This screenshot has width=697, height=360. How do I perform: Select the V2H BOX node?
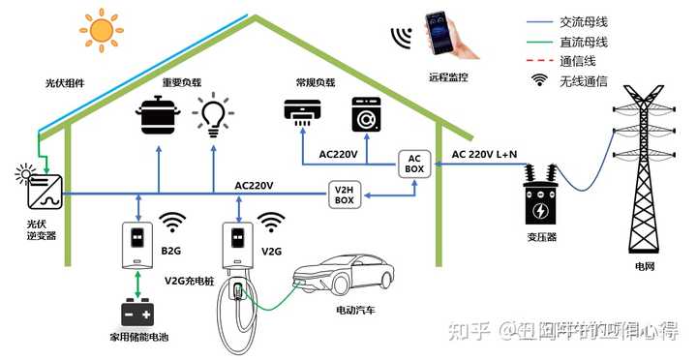tap(345, 194)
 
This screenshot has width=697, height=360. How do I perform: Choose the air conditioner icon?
tap(304, 114)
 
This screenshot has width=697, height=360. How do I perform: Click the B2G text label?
tap(171, 251)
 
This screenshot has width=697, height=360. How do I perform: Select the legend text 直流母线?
tap(583, 42)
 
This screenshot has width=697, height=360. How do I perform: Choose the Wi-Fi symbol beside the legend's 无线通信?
tap(539, 80)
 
